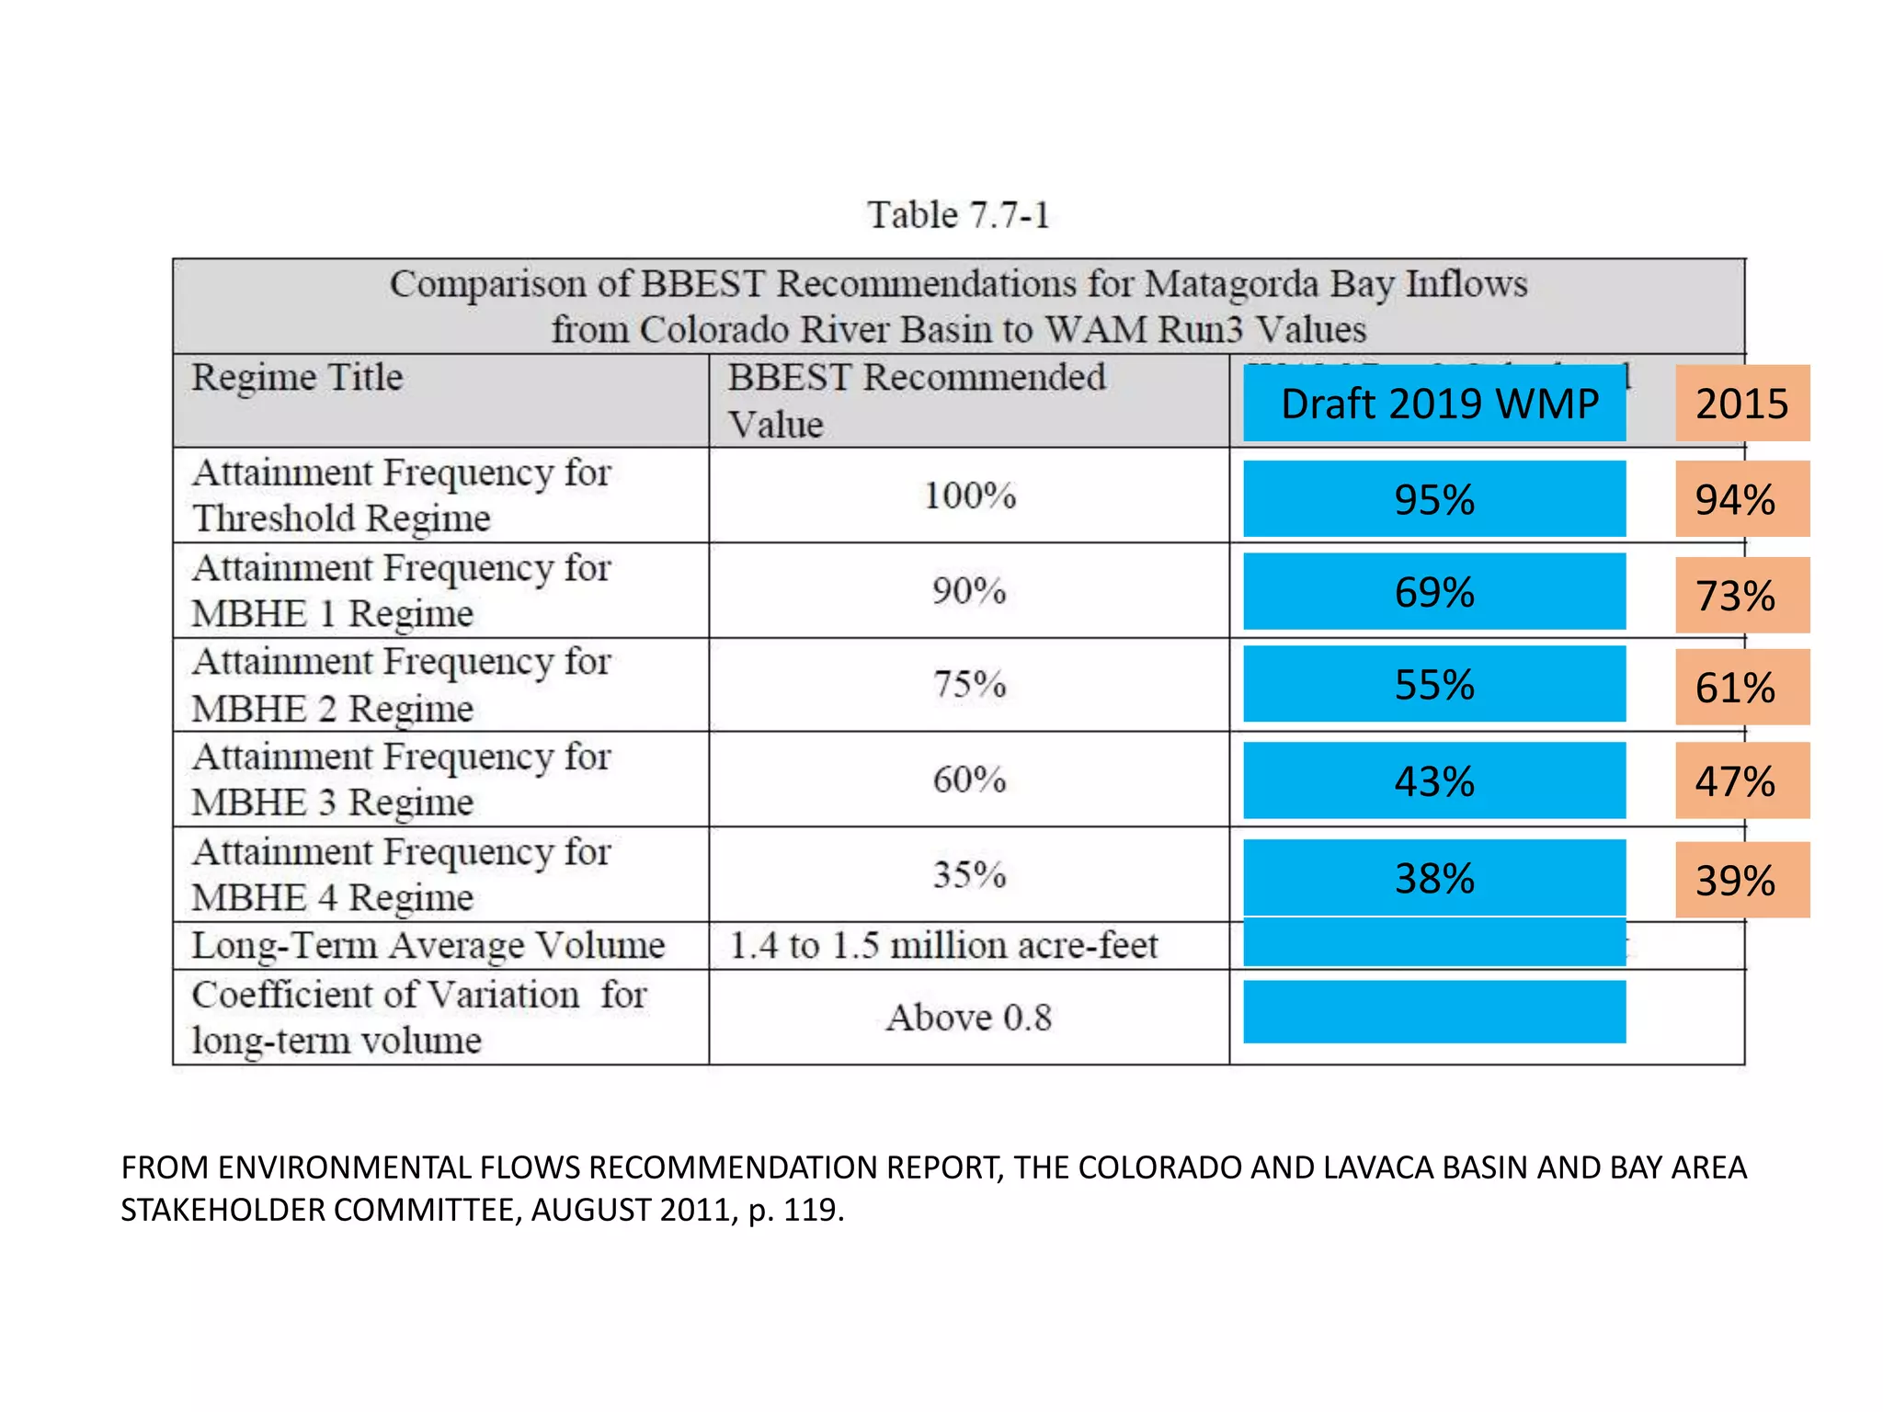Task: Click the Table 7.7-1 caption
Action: click(x=958, y=215)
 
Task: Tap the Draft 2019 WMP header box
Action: click(x=1434, y=404)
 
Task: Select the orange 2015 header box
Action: click(x=1741, y=404)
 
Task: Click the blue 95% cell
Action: click(x=1434, y=499)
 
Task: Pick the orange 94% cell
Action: click(x=1741, y=499)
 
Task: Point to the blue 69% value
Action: click(x=1434, y=592)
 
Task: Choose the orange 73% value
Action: click(x=1741, y=595)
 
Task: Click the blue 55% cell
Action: click(x=1434, y=684)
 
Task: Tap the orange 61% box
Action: click(x=1741, y=687)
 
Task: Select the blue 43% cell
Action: click(x=1434, y=780)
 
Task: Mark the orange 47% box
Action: click(x=1741, y=780)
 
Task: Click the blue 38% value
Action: click(x=1434, y=878)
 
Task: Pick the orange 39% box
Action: click(x=1741, y=880)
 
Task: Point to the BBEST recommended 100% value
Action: click(x=969, y=496)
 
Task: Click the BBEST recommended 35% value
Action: click(x=969, y=874)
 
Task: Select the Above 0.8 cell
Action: click(x=969, y=1018)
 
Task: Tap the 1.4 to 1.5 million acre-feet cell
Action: click(x=944, y=946)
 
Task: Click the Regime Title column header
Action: click(x=297, y=378)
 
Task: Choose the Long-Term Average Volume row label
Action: click(x=428, y=946)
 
